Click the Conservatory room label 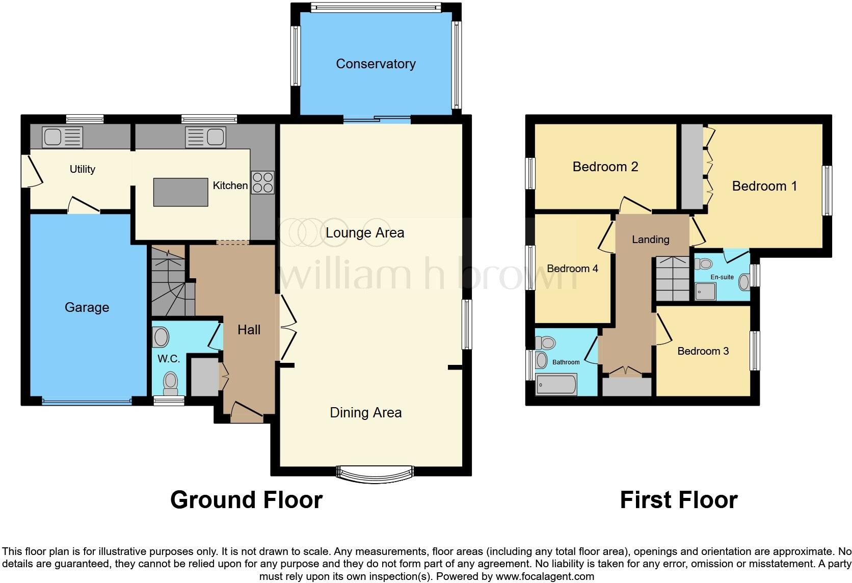click(x=376, y=64)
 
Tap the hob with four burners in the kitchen click(x=262, y=182)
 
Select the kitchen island click(x=180, y=192)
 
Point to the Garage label click(x=87, y=307)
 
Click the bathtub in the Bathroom click(x=556, y=384)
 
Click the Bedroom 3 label click(x=703, y=351)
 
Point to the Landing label click(x=650, y=240)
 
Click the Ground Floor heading click(x=246, y=500)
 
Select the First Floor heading click(x=678, y=500)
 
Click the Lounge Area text click(x=365, y=233)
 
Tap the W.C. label click(x=169, y=359)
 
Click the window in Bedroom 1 click(x=828, y=191)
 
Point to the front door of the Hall click(x=247, y=413)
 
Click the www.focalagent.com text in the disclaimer click(x=545, y=577)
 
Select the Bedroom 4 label click(x=572, y=269)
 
